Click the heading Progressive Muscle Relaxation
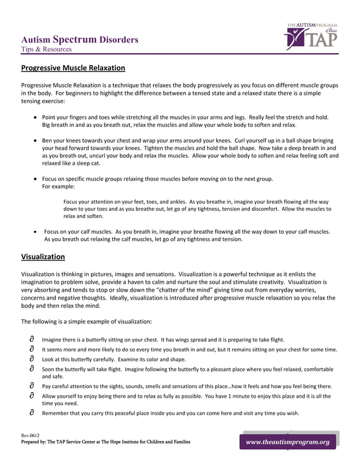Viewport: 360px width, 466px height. click(x=73, y=68)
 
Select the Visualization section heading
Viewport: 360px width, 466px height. click(x=43, y=257)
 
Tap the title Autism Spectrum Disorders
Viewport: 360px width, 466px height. click(x=80, y=39)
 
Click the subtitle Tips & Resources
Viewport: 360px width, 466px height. click(x=46, y=49)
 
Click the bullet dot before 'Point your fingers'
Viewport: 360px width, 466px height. click(x=36, y=117)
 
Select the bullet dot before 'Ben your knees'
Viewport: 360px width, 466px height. click(x=36, y=140)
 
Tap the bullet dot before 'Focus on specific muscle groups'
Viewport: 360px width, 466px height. click(x=36, y=179)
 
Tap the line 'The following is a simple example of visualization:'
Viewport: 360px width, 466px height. click(x=86, y=321)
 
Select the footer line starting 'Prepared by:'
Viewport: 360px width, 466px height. click(x=106, y=442)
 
